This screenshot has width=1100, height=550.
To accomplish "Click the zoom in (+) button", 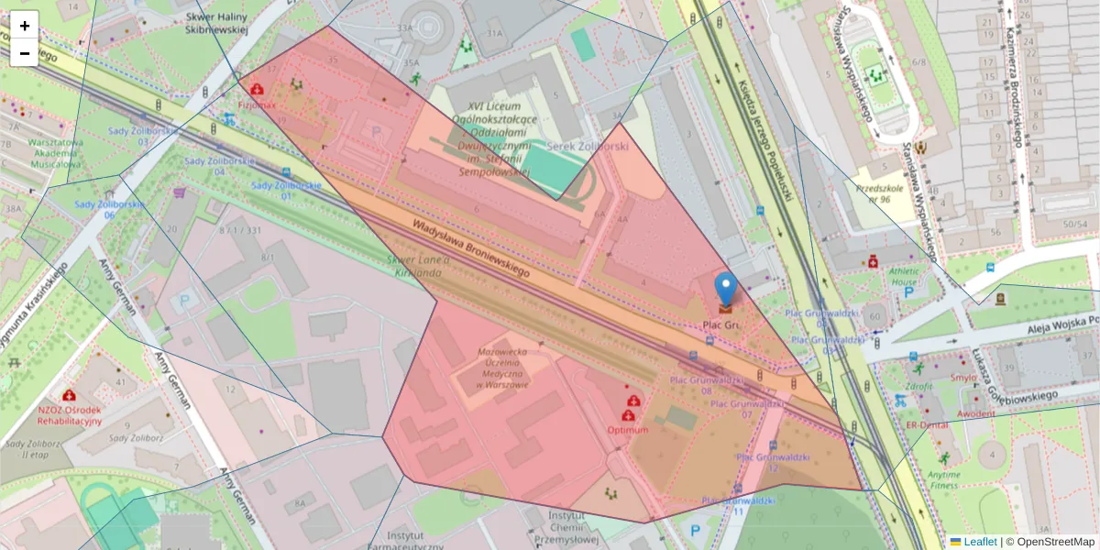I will point(25,26).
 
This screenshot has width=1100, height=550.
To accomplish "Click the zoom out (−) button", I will point(25,53).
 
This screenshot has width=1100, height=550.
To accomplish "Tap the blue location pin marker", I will point(725,290).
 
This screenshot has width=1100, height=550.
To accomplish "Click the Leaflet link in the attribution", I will point(980,542).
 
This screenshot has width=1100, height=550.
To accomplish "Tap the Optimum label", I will point(628,430).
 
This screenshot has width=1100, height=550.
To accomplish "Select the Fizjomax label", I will point(257,105).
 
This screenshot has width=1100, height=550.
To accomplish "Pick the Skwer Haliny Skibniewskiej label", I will point(217,23).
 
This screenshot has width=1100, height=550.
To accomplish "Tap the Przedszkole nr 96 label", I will point(874,192).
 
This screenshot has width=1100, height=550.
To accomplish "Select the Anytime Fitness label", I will point(944,479).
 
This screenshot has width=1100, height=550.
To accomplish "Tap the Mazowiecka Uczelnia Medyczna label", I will point(501,368).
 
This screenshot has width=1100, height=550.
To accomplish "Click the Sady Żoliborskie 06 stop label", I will point(108,209).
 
